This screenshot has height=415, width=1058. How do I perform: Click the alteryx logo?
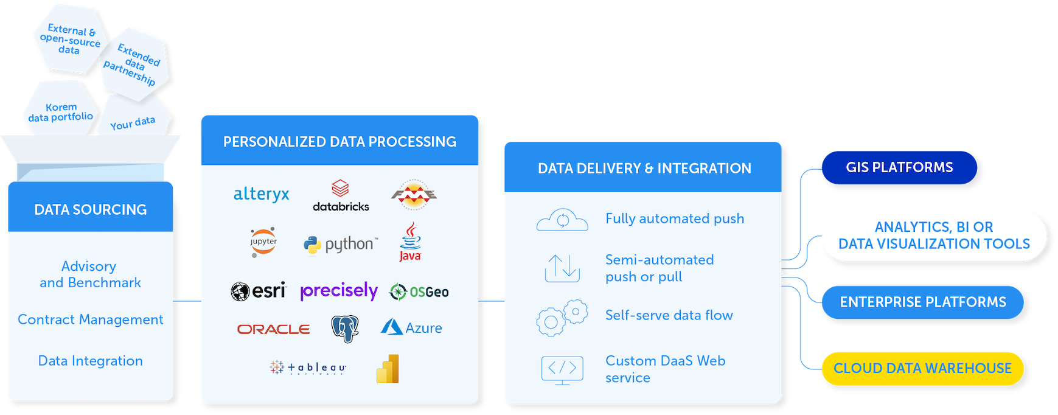click(x=261, y=194)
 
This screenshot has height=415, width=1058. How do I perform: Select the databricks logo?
click(x=341, y=195)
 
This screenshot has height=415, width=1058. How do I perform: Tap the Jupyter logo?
click(x=263, y=242)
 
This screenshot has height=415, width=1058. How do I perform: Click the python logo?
click(x=341, y=245)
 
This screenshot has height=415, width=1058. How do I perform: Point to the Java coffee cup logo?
click(x=411, y=242)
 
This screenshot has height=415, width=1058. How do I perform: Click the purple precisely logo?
click(x=339, y=291)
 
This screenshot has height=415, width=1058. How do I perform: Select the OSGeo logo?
click(x=419, y=292)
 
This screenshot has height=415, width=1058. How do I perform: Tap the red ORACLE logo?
click(x=274, y=329)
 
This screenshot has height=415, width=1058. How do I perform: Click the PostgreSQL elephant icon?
click(x=345, y=329)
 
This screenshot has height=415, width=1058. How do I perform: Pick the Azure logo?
click(x=412, y=327)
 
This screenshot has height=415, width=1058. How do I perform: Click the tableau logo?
click(x=308, y=367)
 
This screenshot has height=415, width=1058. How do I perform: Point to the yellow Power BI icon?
click(x=388, y=369)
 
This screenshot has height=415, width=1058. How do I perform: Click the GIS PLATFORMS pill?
click(x=899, y=167)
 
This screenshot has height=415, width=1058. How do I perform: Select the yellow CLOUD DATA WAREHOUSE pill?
click(x=922, y=368)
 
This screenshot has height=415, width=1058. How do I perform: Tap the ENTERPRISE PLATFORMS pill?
click(x=922, y=302)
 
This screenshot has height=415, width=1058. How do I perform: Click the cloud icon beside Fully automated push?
click(x=562, y=220)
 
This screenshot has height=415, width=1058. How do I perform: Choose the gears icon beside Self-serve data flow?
click(x=562, y=318)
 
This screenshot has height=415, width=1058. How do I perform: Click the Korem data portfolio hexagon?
click(x=61, y=111)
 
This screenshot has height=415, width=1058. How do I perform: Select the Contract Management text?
click(x=91, y=319)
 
